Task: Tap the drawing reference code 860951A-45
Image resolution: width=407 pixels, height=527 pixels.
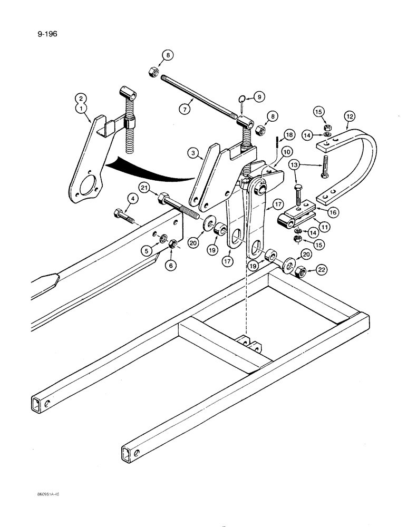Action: tap(45, 495)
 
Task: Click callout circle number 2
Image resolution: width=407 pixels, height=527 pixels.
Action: tap(81, 98)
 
